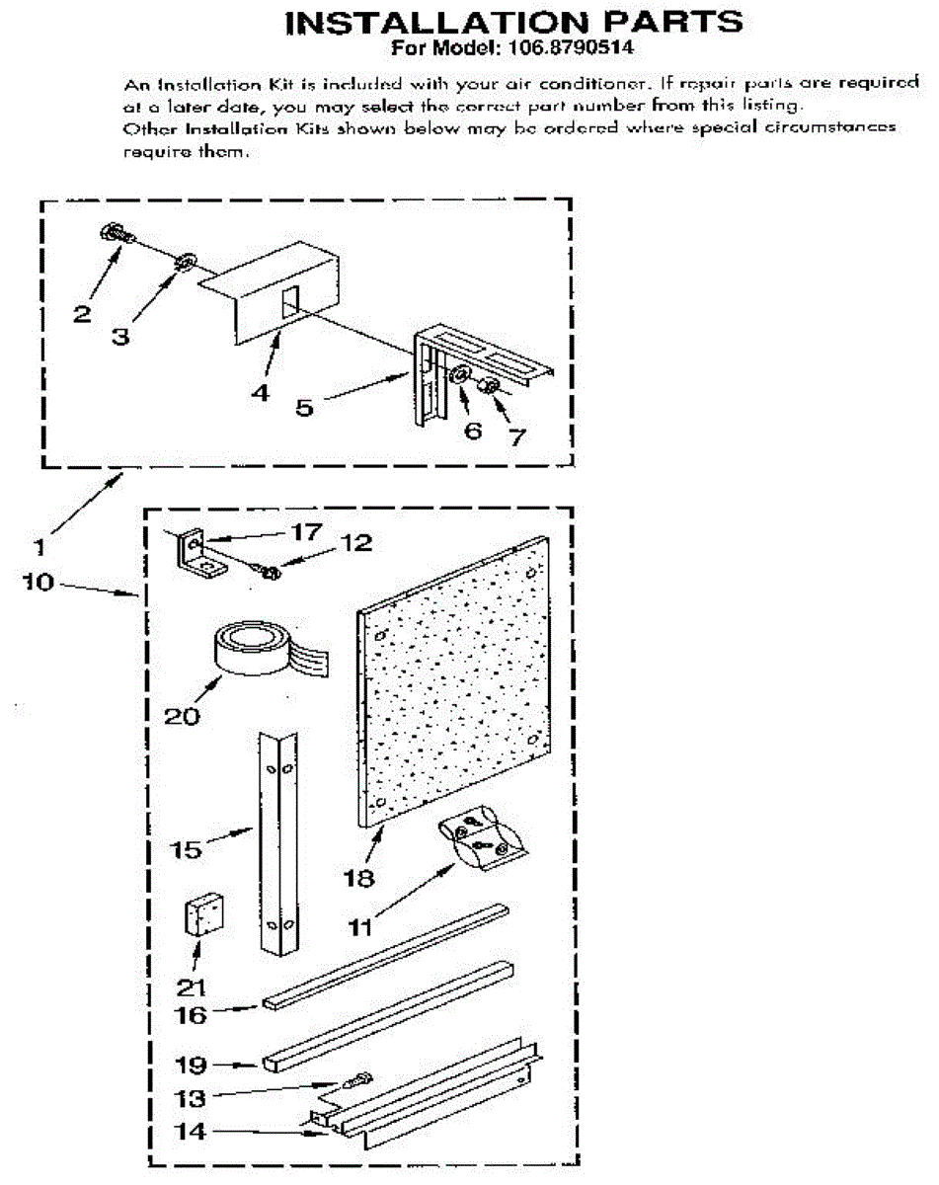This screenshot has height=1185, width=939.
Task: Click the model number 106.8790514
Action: [570, 48]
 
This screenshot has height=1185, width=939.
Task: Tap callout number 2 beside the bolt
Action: [82, 314]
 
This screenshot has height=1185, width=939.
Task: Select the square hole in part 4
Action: [290, 302]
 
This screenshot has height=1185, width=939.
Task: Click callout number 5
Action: [304, 408]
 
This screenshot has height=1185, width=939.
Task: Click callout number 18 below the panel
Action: [358, 878]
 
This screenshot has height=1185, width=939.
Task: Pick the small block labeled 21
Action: [203, 914]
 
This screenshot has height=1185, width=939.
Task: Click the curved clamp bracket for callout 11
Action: [483, 838]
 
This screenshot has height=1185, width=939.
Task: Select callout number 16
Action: [190, 1015]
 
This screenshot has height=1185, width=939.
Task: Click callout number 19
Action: [191, 1065]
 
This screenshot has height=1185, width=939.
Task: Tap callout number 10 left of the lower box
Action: [38, 582]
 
